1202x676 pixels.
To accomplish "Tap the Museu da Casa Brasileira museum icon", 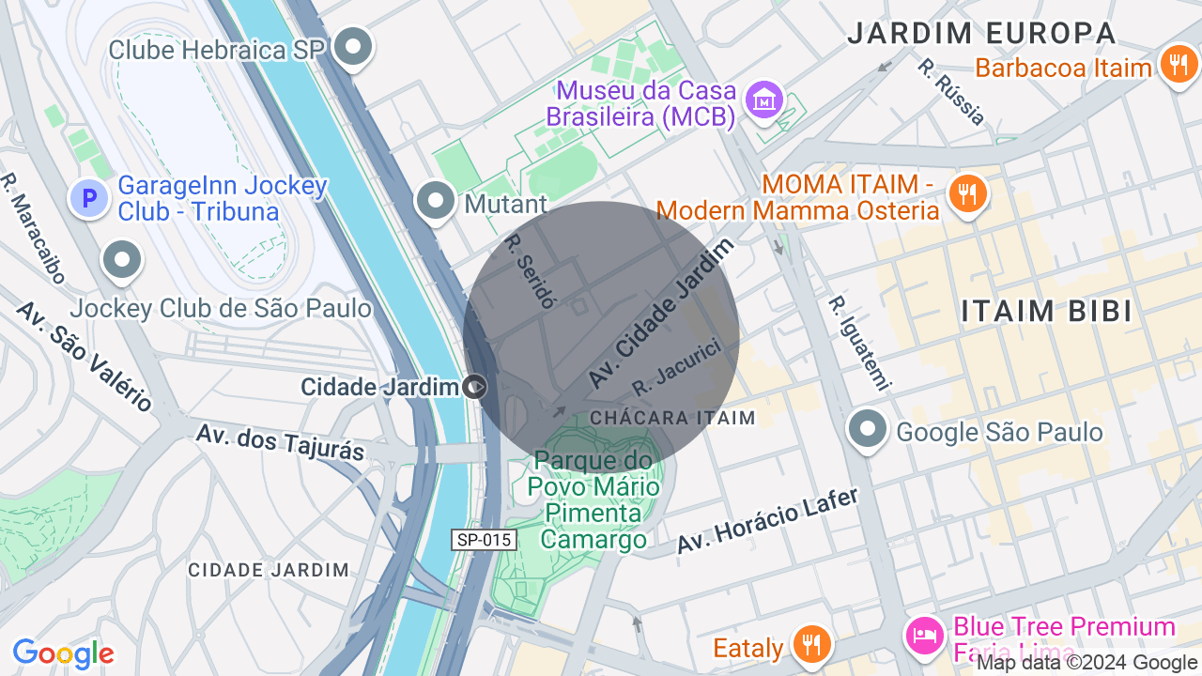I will [x=764, y=100].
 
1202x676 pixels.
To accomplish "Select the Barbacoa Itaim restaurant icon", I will [x=1178, y=65].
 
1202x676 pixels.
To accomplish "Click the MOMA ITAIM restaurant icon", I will [x=966, y=193].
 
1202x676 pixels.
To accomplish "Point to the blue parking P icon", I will [x=90, y=198].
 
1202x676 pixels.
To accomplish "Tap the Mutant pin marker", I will [x=436, y=201].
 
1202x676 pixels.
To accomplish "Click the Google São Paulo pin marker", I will [x=867, y=430].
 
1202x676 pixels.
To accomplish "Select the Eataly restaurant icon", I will [x=809, y=645].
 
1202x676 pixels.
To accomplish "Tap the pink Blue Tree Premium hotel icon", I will [x=925, y=636].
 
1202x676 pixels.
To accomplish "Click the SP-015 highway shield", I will [x=484, y=540].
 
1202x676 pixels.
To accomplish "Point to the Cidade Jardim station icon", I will [x=476, y=386].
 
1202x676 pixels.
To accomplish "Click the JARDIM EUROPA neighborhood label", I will [x=981, y=34].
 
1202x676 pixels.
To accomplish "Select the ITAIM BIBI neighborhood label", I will [x=1047, y=311].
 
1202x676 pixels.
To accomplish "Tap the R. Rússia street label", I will [x=951, y=92].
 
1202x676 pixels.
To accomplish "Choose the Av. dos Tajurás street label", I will [x=280, y=441].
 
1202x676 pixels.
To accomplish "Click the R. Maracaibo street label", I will [x=33, y=228].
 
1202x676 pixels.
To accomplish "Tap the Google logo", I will [x=63, y=653].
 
